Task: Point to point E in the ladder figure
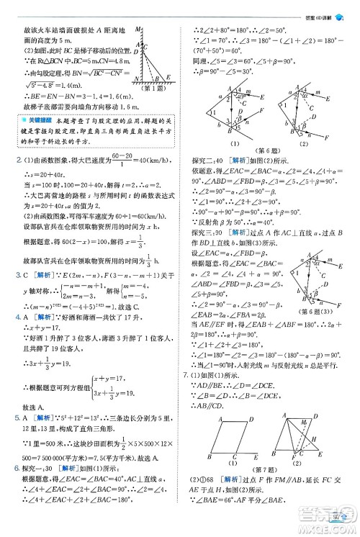coord(168,76)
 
